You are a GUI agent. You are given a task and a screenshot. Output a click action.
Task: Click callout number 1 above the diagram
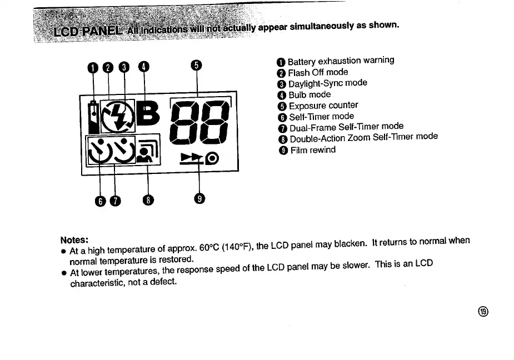click(x=93, y=68)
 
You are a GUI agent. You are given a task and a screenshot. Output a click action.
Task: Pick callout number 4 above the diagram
click(x=144, y=67)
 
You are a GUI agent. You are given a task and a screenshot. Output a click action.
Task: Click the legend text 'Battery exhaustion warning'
click(x=341, y=61)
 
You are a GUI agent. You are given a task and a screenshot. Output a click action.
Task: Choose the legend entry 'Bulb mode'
click(x=310, y=95)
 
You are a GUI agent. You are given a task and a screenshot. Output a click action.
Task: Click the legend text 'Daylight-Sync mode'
click(x=327, y=83)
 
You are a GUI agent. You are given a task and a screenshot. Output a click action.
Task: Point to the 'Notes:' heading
click(x=74, y=240)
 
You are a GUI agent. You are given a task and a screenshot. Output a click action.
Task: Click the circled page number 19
click(x=483, y=311)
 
